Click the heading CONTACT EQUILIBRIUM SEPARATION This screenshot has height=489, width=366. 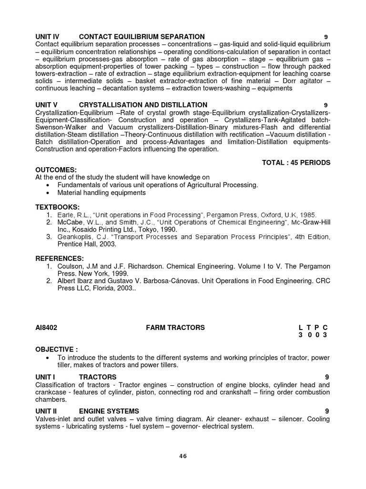(142, 37)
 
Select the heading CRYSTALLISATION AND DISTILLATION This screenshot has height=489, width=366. (143, 105)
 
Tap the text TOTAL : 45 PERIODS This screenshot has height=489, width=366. (296, 163)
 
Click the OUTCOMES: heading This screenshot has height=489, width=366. (56, 170)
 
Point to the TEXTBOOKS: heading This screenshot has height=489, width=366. (57, 207)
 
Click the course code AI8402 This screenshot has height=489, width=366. (47, 328)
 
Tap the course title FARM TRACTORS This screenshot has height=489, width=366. (175, 328)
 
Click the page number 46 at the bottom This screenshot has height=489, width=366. (183, 456)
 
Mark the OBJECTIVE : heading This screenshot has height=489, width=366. (57, 349)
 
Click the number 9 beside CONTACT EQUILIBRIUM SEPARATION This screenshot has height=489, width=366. (325, 37)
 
